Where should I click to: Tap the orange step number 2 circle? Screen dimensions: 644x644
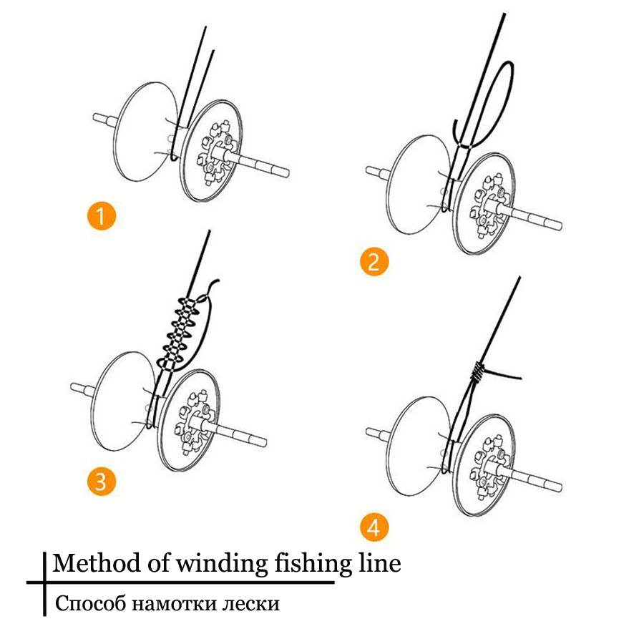click(374, 262)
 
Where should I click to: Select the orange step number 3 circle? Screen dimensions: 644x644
click(100, 481)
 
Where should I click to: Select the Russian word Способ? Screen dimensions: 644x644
click(89, 604)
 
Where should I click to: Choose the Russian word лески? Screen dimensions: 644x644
click(250, 604)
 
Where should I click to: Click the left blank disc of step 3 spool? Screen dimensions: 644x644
click(122, 397)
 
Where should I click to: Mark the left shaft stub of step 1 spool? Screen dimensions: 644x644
click(104, 119)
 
